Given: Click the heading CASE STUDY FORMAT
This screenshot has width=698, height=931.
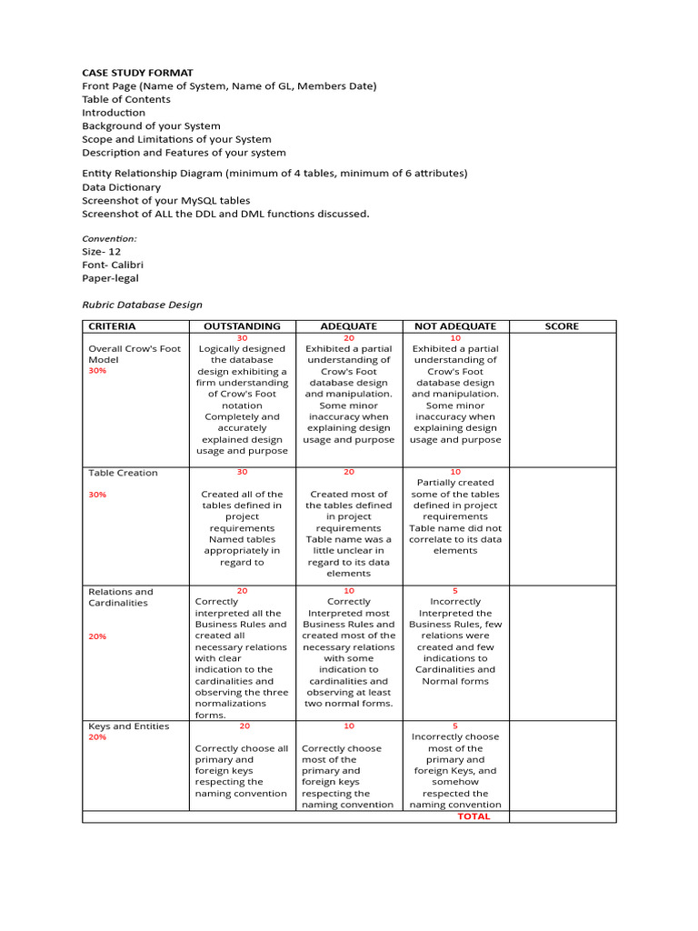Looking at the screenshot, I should (137, 73).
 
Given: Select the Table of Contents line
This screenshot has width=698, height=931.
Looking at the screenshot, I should (126, 99).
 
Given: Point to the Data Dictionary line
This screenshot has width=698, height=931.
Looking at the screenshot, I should (122, 186).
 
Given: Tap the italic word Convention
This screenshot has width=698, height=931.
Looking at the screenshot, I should (110, 238).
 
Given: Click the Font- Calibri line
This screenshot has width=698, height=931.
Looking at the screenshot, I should (114, 265).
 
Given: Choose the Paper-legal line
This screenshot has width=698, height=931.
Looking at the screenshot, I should (111, 278).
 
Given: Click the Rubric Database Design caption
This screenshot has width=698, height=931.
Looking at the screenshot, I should (143, 305).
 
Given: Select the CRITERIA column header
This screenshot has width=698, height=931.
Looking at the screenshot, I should (112, 326).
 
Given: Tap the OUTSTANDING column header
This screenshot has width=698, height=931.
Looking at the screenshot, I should (242, 326).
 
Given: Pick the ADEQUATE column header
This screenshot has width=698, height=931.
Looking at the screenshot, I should (349, 326).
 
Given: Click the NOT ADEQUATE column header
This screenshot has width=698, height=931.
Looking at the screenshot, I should (455, 326).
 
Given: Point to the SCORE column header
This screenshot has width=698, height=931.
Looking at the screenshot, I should (562, 326).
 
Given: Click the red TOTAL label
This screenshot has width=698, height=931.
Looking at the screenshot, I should (474, 816).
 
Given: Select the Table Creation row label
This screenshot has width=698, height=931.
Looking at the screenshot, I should (123, 473).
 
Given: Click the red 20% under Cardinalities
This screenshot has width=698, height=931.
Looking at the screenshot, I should (97, 636).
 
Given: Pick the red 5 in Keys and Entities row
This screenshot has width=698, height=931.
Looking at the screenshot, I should (455, 726).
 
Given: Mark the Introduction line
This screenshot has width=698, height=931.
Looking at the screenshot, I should (114, 113).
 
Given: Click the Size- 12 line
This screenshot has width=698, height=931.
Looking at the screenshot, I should (102, 251).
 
